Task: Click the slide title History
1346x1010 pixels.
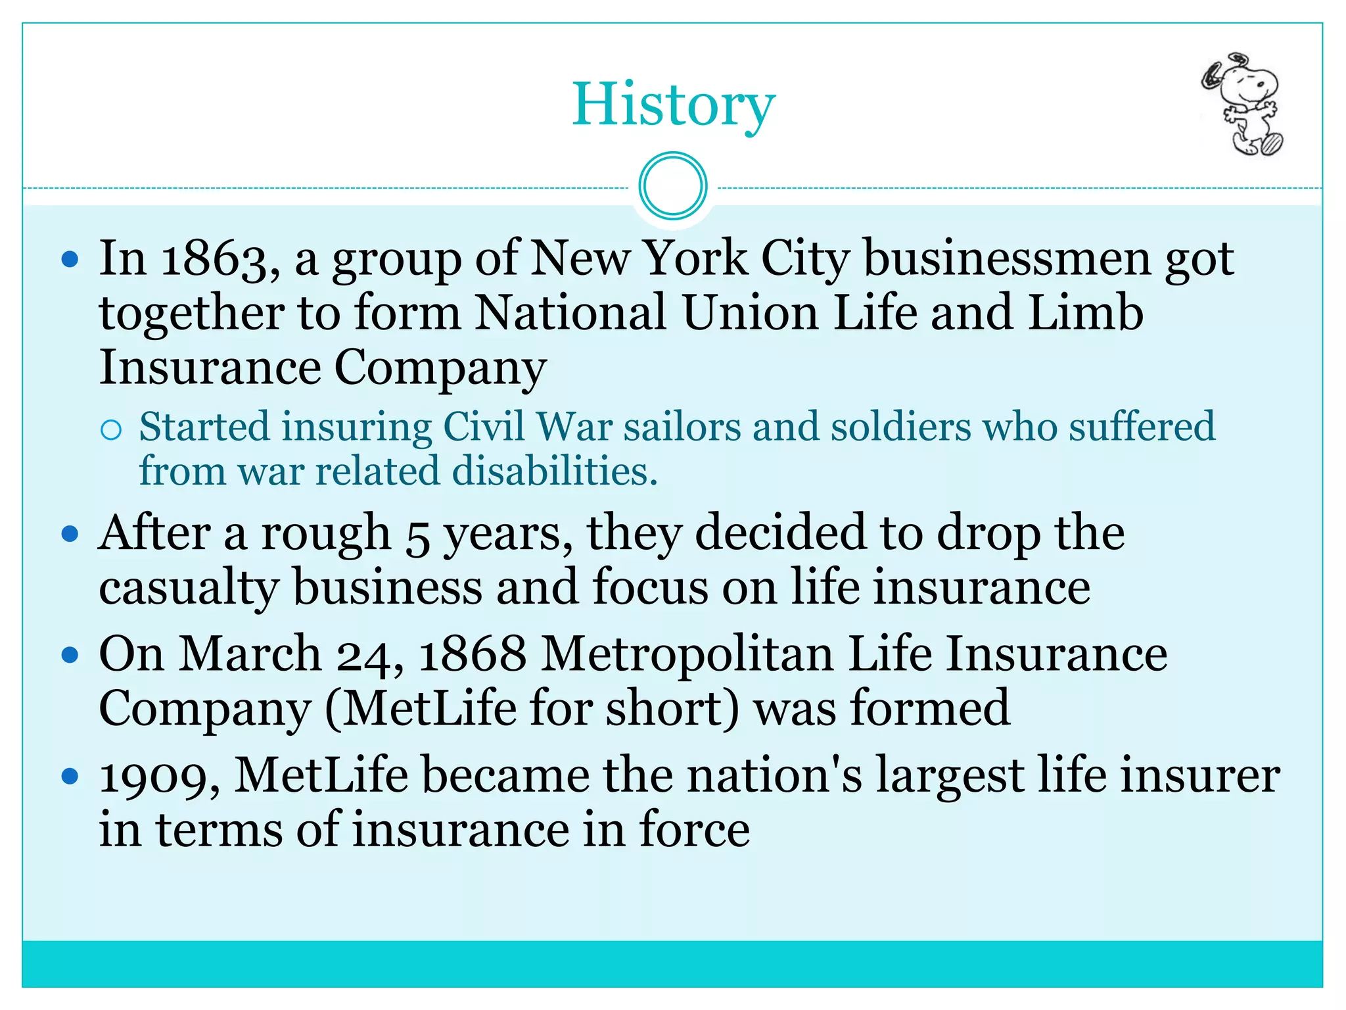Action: [673, 105]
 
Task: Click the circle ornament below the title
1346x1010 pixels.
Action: [672, 186]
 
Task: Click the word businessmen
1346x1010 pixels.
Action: [1007, 259]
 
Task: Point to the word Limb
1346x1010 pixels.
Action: [1086, 313]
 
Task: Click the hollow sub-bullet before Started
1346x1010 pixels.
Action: [111, 430]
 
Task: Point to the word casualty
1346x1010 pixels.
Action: [189, 588]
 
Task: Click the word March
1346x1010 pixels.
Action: [250, 655]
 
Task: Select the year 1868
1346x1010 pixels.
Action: [472, 655]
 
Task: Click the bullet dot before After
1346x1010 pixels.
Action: [70, 533]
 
